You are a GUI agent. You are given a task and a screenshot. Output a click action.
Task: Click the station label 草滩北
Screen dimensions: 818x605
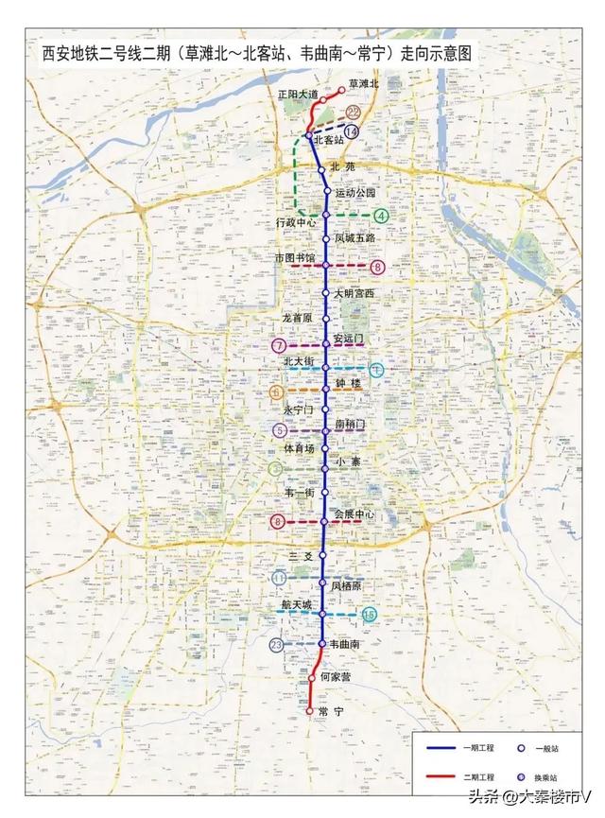[363, 83]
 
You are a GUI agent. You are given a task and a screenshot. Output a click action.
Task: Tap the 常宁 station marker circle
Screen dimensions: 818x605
[310, 710]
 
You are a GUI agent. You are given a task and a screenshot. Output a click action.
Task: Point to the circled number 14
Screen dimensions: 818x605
[352, 132]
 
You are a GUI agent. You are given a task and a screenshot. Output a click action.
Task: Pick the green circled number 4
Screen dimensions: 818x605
[381, 216]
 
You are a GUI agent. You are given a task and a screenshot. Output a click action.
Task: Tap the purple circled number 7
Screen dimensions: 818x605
[278, 346]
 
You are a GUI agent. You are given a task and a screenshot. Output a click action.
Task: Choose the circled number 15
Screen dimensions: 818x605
[370, 615]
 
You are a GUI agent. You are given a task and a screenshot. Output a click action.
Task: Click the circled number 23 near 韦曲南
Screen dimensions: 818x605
[276, 645]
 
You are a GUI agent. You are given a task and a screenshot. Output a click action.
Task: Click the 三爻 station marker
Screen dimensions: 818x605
[322, 555]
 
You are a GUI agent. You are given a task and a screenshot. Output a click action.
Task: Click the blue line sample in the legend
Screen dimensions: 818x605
[449, 747]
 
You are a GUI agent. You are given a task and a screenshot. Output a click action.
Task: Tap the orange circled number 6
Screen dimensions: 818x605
[276, 391]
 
